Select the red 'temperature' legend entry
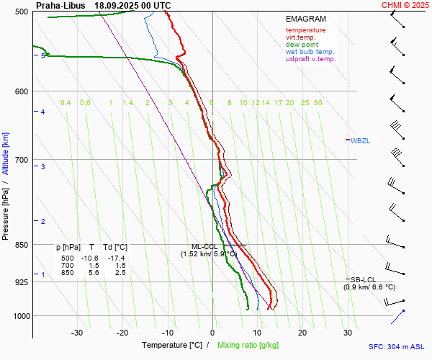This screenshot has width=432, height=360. click(305, 30)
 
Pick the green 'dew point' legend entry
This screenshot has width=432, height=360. click(302, 45)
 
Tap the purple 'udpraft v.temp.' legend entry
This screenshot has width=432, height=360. click(310, 59)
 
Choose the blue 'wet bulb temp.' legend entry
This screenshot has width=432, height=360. click(310, 52)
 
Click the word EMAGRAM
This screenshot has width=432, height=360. click(305, 19)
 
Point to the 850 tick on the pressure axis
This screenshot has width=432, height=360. click(21, 245)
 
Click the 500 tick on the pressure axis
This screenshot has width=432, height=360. click(21, 12)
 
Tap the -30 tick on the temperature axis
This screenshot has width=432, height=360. click(77, 333)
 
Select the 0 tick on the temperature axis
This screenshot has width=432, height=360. click(212, 333)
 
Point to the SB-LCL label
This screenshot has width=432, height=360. click(363, 279)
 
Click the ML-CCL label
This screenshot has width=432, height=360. click(203, 246)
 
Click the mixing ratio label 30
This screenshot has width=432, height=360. click(318, 103)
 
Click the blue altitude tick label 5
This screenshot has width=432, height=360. click(43, 55)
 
